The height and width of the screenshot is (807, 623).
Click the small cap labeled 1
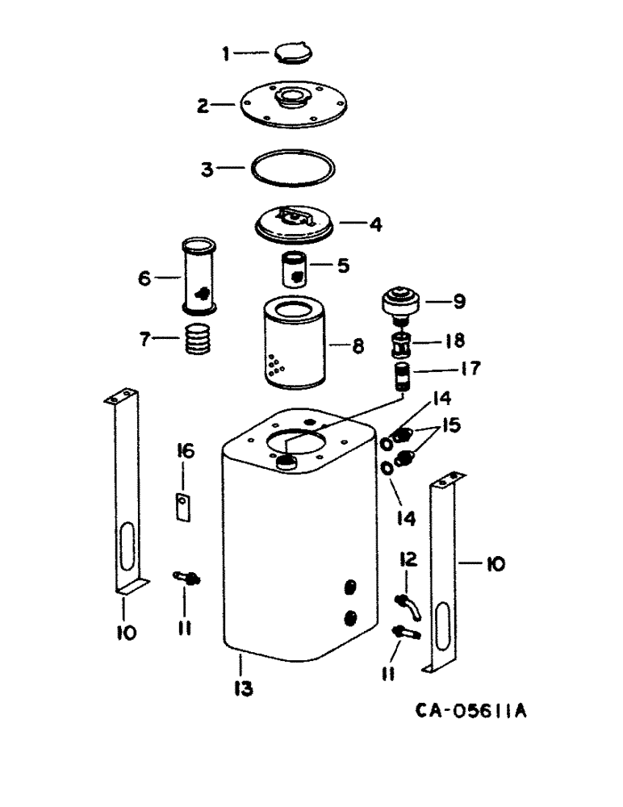click(x=292, y=52)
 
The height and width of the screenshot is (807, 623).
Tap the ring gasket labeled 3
click(x=292, y=169)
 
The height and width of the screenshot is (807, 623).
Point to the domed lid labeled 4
click(x=295, y=223)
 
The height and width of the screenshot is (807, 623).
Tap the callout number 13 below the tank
click(x=243, y=688)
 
